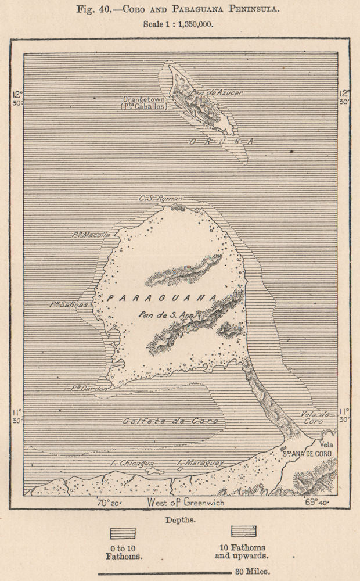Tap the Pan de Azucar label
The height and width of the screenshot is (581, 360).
click(x=221, y=92)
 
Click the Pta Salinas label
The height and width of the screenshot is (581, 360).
click(x=69, y=304)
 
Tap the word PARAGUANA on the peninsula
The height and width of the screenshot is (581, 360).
click(x=162, y=297)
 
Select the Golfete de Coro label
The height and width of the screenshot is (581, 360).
click(x=172, y=421)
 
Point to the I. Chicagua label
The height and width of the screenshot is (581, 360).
click(x=132, y=463)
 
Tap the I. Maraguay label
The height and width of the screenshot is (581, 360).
click(x=200, y=463)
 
